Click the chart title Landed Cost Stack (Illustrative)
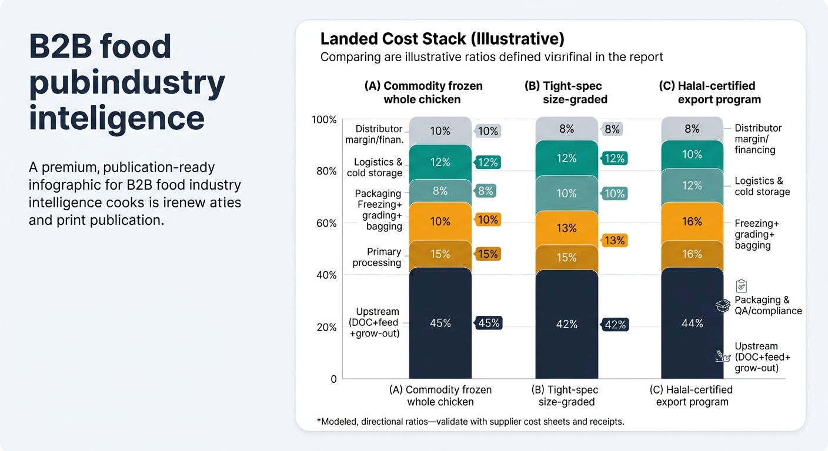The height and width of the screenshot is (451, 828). (x=442, y=39)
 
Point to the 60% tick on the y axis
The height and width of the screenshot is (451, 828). (x=326, y=223)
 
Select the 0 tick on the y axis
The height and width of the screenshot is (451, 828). (x=333, y=379)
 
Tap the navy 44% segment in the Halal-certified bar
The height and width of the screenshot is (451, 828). (x=692, y=323)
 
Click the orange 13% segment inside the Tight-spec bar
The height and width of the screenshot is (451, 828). (x=566, y=228)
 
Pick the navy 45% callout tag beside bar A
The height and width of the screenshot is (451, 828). (x=488, y=323)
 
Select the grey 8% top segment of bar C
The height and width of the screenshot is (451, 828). (x=692, y=129)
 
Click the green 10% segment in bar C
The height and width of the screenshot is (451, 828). (x=692, y=154)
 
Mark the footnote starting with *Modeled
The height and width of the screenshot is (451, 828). (x=470, y=422)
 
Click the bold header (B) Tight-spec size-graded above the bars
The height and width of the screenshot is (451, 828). (x=565, y=93)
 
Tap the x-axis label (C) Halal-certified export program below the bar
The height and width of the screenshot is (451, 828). (x=692, y=396)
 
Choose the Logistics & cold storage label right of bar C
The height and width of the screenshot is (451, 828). (x=762, y=186)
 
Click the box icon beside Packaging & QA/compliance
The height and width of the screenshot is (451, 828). (x=723, y=305)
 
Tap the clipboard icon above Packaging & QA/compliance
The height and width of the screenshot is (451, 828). (x=741, y=286)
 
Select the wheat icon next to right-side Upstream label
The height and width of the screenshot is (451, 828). (x=723, y=355)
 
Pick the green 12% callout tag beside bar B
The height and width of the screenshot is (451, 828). (x=615, y=159)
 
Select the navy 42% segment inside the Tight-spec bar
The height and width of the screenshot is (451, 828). (x=566, y=324)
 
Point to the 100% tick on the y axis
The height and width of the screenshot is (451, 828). (x=324, y=120)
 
